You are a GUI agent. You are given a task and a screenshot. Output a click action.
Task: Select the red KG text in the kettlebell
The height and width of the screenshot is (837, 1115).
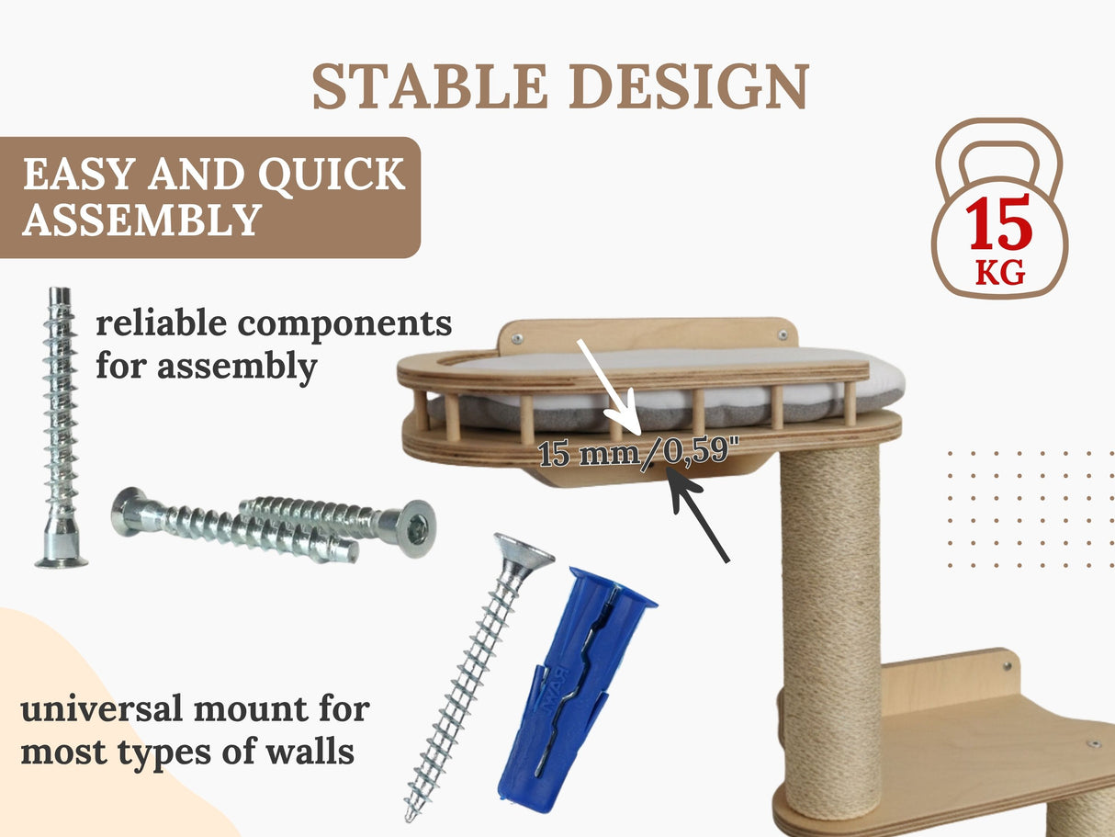1000,273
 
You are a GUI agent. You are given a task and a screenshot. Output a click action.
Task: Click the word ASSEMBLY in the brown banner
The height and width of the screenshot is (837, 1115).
141,221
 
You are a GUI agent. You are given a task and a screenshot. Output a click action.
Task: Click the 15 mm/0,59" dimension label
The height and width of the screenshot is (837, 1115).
640,453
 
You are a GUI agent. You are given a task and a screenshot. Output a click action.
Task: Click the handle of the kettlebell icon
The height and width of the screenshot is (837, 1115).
999,152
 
